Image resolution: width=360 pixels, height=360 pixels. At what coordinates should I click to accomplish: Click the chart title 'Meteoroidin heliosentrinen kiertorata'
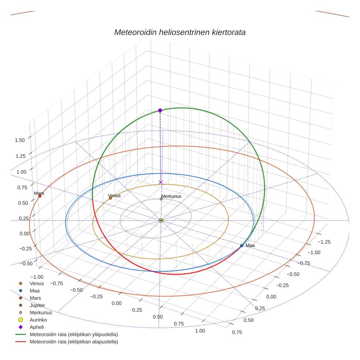[180, 32]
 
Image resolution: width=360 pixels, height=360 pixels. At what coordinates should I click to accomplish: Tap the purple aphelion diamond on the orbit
[160, 110]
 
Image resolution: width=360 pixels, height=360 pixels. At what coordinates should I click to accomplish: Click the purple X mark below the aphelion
[161, 182]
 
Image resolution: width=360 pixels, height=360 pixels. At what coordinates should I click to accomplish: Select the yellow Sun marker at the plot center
[161, 220]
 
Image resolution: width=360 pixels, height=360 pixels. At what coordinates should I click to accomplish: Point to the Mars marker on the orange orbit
[40, 196]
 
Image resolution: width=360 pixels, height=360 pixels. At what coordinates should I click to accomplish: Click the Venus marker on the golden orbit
[110, 198]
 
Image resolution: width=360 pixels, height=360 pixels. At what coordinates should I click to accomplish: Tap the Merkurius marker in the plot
[161, 199]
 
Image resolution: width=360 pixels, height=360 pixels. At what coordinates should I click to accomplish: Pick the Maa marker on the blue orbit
[241, 245]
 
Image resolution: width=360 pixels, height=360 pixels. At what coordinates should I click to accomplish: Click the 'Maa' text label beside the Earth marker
[250, 245]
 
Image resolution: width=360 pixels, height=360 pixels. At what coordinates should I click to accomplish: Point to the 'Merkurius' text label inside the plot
[171, 196]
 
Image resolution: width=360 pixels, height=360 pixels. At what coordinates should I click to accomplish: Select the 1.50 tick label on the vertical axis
[20, 140]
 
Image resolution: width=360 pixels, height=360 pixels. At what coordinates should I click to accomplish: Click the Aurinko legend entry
[38, 320]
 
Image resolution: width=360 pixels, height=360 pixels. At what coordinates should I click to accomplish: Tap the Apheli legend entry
[37, 327]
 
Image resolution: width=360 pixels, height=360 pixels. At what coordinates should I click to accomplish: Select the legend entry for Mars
[35, 298]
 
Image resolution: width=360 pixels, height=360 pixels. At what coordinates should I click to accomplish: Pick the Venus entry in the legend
[37, 283]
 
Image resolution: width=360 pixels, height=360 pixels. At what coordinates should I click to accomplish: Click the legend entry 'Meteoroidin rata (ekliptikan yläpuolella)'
[74, 334]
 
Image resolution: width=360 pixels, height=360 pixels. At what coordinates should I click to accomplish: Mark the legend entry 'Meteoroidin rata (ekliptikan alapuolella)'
[74, 342]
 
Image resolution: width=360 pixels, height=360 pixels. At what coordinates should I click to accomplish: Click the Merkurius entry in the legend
[41, 312]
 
